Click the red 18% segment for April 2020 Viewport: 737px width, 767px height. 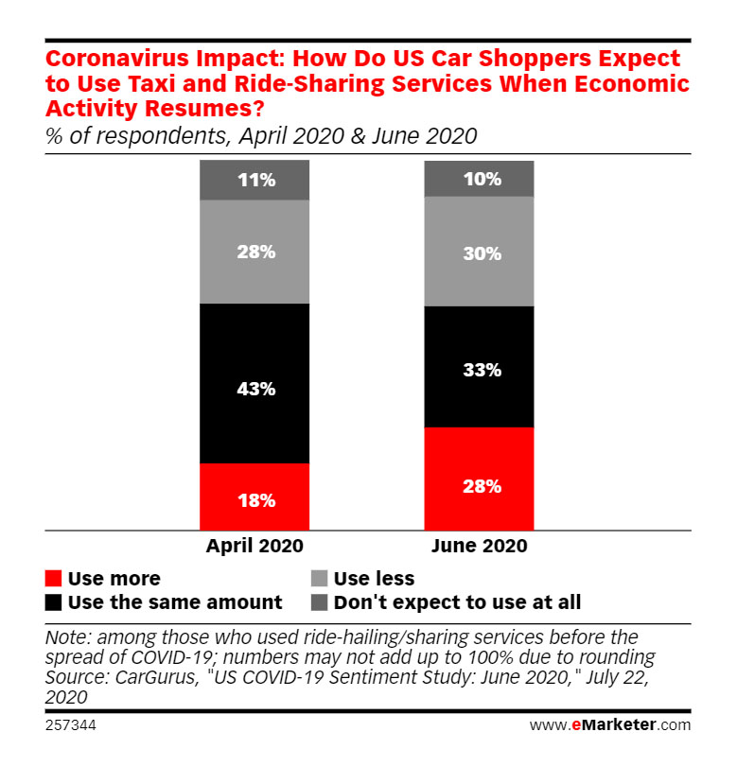(x=254, y=497)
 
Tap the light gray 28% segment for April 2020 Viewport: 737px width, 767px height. (x=254, y=252)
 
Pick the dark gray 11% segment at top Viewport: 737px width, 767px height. (x=254, y=180)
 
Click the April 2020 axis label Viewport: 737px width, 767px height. (x=254, y=547)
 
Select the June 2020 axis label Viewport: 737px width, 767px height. (x=479, y=547)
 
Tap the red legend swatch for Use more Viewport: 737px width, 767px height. (x=54, y=579)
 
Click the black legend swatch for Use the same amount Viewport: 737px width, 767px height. (x=54, y=602)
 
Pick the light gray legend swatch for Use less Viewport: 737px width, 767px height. (x=320, y=579)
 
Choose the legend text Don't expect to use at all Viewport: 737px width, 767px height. (x=458, y=602)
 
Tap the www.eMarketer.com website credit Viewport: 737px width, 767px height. (x=610, y=725)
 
